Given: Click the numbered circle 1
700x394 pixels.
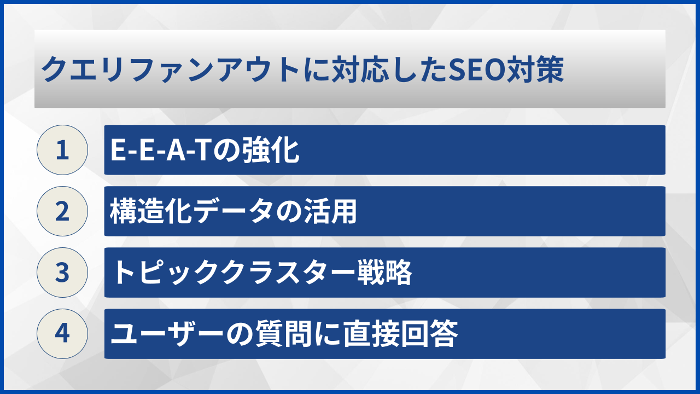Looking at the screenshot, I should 62,150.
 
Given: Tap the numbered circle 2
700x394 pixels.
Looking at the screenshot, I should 62,211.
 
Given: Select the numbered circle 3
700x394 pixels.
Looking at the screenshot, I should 62,273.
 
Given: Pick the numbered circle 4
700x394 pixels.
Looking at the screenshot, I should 62,334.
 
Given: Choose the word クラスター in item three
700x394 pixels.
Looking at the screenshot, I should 291,273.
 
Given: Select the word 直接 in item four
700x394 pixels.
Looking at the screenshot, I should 371,334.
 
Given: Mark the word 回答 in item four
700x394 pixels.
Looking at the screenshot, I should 428,334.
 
